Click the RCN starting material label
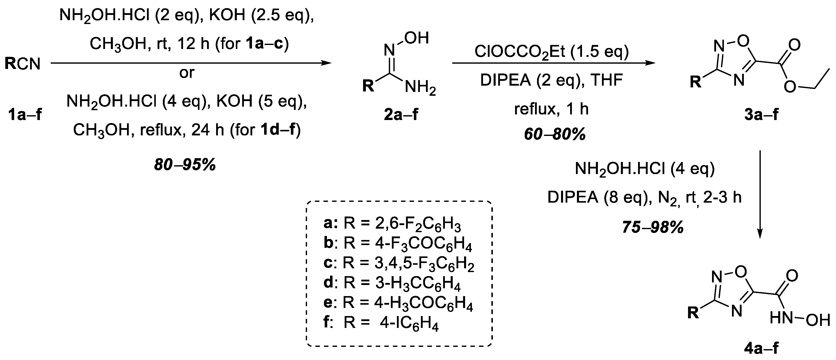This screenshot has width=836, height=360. pos(22,64)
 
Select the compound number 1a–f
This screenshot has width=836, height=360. pos(25,115)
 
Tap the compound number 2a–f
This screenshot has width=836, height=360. pos(401,115)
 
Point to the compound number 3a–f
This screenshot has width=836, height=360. pos(761,115)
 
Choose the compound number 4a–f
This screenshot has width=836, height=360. pos(761,348)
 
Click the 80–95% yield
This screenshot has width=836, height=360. pos(185,165)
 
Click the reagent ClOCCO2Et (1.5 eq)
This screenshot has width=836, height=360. pos(552,52)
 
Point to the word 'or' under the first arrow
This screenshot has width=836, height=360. pos(187,73)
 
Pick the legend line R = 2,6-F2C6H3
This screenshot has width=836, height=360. pos(392,224)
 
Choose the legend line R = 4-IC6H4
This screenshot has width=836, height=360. pos(381,324)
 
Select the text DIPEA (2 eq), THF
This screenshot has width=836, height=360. pos(552,80)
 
